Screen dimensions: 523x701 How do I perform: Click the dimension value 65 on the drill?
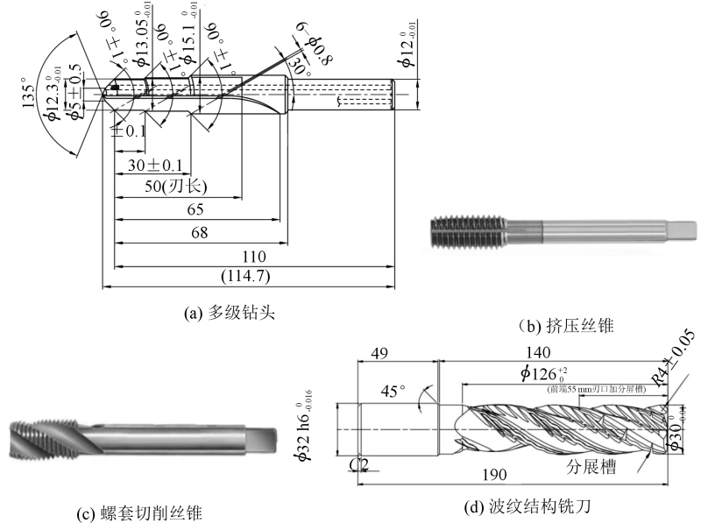click(x=195, y=209)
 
